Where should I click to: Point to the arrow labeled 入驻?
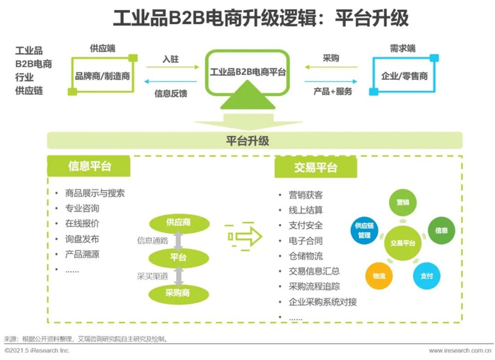tap(173, 67)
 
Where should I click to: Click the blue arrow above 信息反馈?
tap(170, 81)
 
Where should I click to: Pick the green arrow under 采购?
tap(331, 67)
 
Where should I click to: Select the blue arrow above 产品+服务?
tap(331, 81)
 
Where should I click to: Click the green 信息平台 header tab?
tap(88, 166)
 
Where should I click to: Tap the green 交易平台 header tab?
tap(315, 168)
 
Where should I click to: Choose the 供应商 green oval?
tap(180, 223)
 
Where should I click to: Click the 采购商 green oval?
tap(179, 294)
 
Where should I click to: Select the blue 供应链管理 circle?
tap(364, 230)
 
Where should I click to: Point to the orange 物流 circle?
tap(379, 276)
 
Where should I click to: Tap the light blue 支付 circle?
tap(426, 276)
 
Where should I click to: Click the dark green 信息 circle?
tap(441, 230)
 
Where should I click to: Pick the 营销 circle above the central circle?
tap(403, 202)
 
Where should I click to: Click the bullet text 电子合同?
tap(305, 241)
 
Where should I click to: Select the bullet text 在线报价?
tap(82, 223)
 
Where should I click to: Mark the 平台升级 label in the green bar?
tap(248, 141)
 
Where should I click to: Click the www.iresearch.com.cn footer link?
tap(460, 351)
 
